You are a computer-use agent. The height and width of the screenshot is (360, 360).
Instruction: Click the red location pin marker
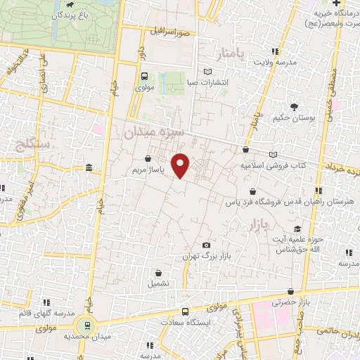click(181, 166)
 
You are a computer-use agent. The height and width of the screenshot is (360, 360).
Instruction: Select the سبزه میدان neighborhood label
click(153, 131)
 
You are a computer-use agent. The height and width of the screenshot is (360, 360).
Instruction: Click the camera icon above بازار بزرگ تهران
click(205, 245)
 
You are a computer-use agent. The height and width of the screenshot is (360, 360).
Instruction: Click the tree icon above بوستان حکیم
click(293, 106)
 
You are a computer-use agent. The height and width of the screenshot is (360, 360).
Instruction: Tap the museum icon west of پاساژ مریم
click(88, 168)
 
